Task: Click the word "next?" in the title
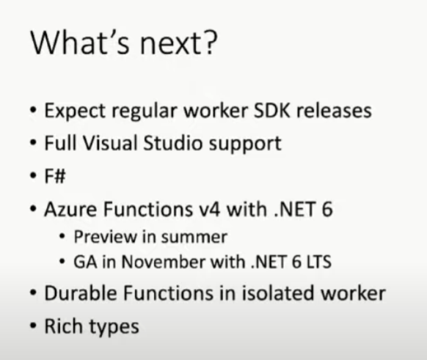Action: pos(178,43)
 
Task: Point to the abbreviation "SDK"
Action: pos(271,110)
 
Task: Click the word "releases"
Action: pos(334,111)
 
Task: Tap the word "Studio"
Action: pos(173,143)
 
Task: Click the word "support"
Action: pos(245,144)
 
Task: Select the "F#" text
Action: pos(55,176)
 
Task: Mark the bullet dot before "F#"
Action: pos(33,176)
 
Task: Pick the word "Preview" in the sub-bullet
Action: pos(105,237)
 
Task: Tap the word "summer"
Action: pos(194,237)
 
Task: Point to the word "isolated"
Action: pos(278,293)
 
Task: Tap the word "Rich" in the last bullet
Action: pos(63,326)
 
